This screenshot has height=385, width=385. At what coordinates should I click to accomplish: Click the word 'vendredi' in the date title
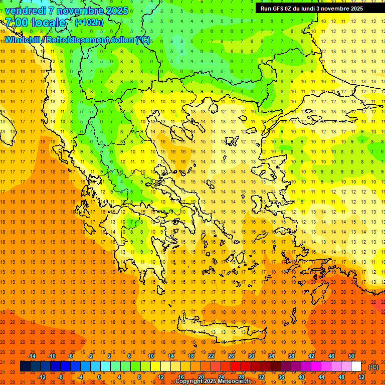pos(26,11)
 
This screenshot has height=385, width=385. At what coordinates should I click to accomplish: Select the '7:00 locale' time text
pos(35,23)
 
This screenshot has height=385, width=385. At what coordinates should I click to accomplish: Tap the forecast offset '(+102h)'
pos(89,22)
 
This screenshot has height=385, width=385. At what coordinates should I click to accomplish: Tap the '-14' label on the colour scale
pos(32,356)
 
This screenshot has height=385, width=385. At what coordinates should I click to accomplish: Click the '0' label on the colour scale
pos(99,376)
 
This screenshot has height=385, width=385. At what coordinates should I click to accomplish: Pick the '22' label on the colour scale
pos(211,356)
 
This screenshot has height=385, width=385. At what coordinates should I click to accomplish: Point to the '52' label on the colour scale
pos(361,376)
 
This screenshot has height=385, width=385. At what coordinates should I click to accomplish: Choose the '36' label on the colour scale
pos(281,376)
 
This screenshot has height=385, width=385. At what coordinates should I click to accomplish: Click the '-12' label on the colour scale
pos(42,376)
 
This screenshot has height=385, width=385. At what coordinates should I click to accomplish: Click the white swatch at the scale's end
pos(356,366)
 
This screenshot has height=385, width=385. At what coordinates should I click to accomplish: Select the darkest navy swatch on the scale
pos(25,366)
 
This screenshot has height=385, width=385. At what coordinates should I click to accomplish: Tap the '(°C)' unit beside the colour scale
pos(373,367)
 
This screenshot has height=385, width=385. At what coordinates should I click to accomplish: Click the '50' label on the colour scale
pos(351,356)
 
